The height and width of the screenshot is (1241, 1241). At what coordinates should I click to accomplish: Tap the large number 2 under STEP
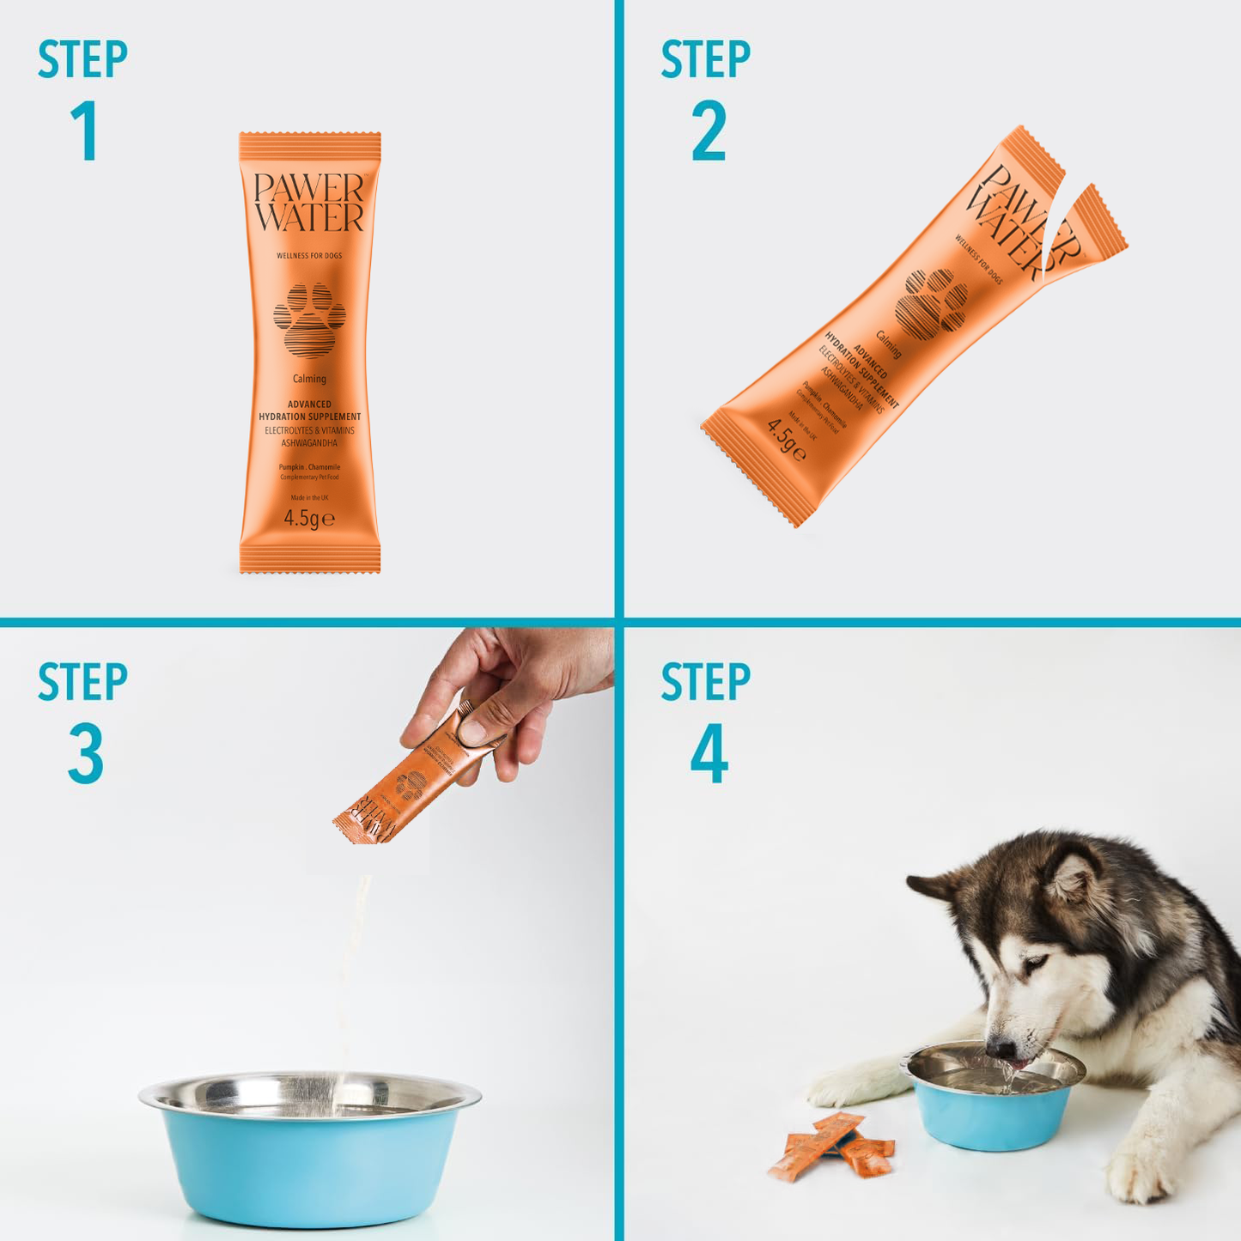pos(709,131)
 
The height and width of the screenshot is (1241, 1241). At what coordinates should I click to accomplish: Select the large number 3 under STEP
pos(86,753)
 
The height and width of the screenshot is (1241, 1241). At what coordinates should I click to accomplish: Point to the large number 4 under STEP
pos(709,753)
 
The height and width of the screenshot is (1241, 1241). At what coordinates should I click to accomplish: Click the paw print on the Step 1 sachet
pos(309,319)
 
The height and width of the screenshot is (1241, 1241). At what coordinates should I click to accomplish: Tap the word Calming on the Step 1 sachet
pos(309,379)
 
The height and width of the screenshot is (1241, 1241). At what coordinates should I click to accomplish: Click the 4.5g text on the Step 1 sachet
pos(308,519)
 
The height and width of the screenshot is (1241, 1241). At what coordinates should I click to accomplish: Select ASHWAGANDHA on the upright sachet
pos(309,443)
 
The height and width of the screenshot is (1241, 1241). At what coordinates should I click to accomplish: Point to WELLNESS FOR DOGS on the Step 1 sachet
pos(309,256)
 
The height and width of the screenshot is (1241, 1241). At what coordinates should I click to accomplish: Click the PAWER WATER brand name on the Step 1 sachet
pos(309,204)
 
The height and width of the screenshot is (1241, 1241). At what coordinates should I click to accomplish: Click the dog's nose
pos(999,1049)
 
